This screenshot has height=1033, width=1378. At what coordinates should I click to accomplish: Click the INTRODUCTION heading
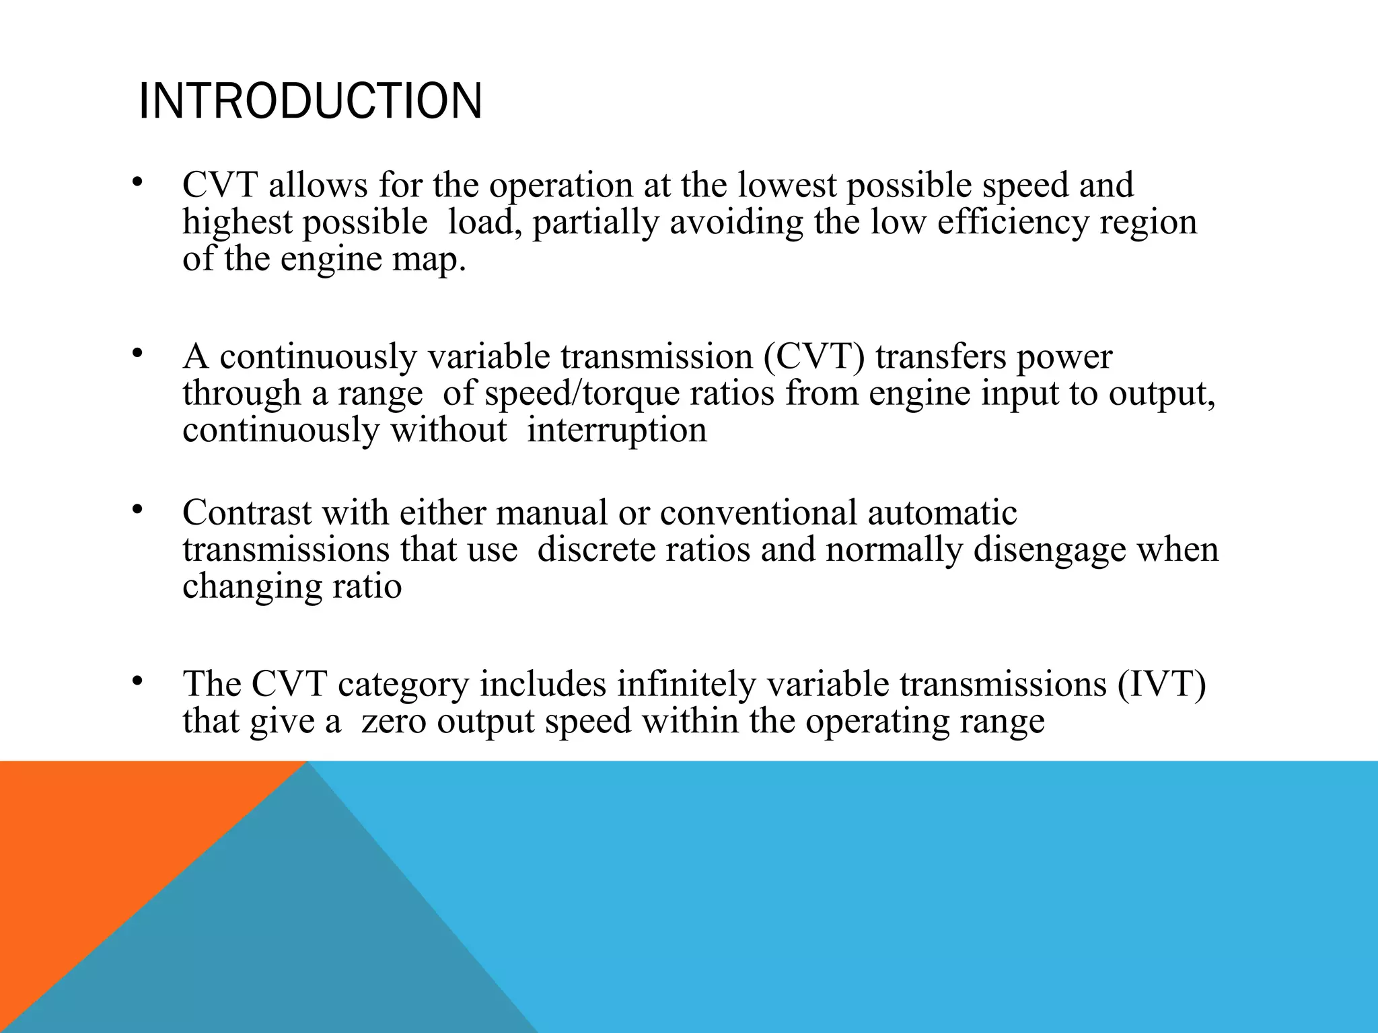[x=310, y=102]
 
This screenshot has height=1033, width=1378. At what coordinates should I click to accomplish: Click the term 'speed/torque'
[x=582, y=393]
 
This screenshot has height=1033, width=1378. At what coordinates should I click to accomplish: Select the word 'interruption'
[x=616, y=430]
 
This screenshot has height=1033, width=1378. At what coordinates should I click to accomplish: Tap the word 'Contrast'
[x=247, y=512]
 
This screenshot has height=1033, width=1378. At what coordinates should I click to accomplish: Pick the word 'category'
[x=403, y=684]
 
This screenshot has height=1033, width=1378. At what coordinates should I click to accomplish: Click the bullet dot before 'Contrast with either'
[x=137, y=510]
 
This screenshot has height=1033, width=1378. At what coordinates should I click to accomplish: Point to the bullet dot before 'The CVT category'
[x=137, y=682]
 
